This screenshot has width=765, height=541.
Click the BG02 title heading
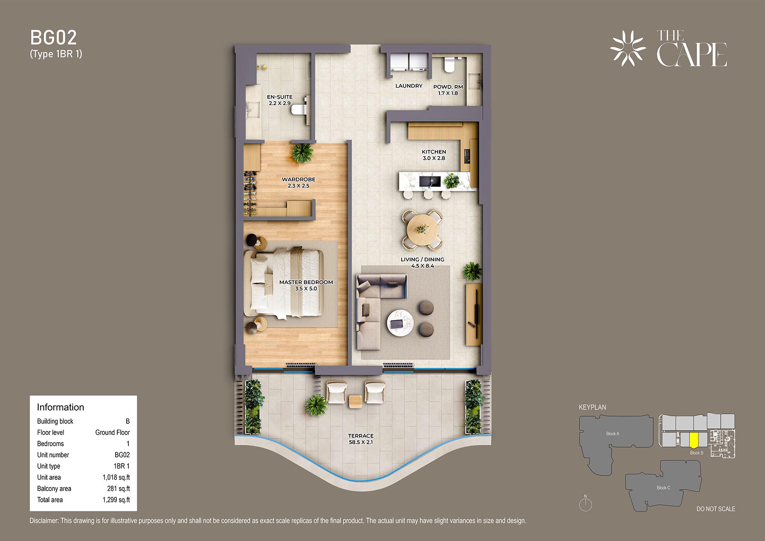[54, 38]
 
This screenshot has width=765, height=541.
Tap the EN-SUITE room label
[280, 97]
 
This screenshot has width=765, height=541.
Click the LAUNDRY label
[409, 86]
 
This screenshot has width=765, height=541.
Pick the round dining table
[422, 230]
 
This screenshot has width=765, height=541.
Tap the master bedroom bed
[283, 283]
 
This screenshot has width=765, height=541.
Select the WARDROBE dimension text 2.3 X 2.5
[298, 186]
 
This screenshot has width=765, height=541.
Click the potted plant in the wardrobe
[302, 153]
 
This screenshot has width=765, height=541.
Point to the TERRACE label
[361, 436]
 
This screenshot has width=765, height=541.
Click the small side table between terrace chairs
[355, 401]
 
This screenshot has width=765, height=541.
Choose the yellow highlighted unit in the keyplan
[694, 440]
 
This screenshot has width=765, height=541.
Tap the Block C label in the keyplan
[663, 487]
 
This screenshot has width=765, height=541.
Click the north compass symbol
[585, 504]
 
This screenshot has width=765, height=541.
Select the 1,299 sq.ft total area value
[116, 500]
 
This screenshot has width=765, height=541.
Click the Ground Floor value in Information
[112, 432]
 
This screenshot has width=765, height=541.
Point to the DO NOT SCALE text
[716, 509]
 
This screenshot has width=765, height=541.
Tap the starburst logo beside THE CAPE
[628, 48]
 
